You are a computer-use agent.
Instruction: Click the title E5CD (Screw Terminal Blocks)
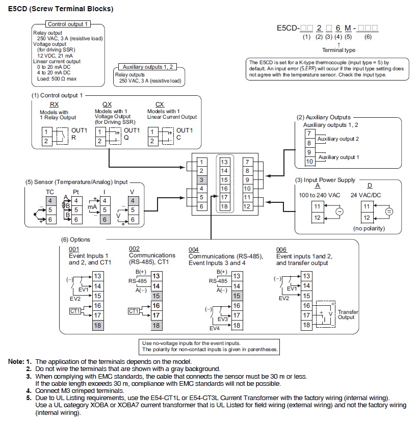(x=61, y=9)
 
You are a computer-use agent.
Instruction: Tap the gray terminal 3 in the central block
(x=201, y=180)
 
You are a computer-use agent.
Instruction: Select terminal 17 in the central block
(x=224, y=197)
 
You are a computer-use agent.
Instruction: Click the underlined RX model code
(x=54, y=104)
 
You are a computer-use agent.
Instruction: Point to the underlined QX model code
(x=107, y=104)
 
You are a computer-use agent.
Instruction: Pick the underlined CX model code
(x=160, y=104)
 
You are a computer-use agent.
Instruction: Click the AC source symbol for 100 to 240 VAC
(x=340, y=212)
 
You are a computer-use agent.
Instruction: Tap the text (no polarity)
(x=369, y=228)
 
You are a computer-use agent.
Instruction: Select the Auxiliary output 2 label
(x=338, y=139)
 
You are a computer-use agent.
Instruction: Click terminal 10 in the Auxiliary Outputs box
(x=309, y=162)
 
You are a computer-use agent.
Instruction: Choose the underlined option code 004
(x=194, y=250)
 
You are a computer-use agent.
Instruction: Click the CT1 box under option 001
(x=75, y=311)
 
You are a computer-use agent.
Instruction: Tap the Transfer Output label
(x=348, y=314)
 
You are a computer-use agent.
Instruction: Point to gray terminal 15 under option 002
(x=156, y=296)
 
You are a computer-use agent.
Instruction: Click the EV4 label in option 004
(x=215, y=328)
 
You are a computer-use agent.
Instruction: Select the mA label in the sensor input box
(x=92, y=207)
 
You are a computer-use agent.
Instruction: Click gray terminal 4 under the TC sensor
(x=50, y=201)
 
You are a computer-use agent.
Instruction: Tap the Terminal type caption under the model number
(x=338, y=50)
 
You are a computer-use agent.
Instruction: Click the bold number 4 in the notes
(x=29, y=391)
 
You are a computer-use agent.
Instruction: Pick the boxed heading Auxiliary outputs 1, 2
(x=148, y=67)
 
